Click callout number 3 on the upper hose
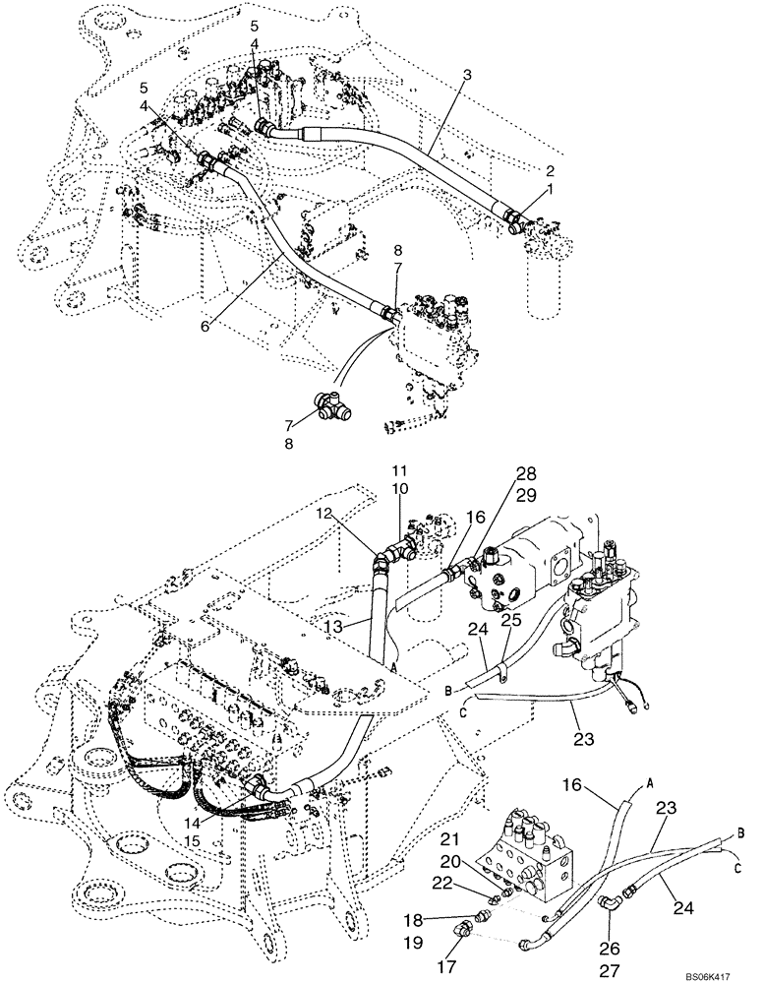click(x=466, y=75)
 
